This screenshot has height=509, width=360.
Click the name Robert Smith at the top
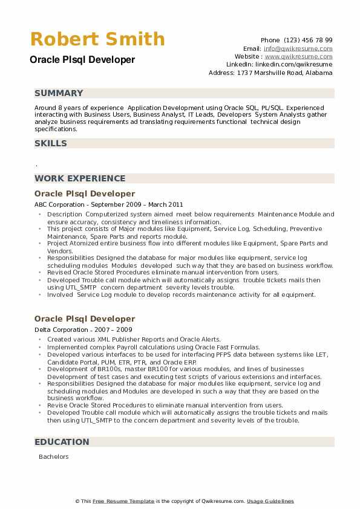coord(97,39)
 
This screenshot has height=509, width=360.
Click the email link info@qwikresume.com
coord(298,48)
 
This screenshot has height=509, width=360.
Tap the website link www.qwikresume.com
coord(298,56)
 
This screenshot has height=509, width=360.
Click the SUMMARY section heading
coord(59,93)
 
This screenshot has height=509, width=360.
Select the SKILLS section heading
coord(51,143)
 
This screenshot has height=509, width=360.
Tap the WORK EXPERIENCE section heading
coord(80,178)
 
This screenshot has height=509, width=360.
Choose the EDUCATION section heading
coord(62,442)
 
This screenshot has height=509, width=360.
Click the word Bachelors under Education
coord(54,457)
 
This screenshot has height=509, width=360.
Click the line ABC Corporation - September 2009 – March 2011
coord(108,204)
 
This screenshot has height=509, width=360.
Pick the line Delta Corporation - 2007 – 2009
coord(83,329)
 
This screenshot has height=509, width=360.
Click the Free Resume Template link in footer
coord(125,501)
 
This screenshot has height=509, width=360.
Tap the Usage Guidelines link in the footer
coord(270,501)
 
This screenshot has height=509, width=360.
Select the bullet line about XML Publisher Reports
coord(134,340)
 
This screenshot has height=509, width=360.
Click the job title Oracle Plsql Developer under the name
coord(82,60)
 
